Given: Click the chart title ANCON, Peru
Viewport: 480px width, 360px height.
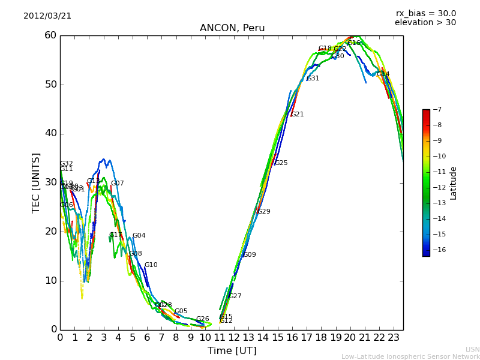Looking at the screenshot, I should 232,28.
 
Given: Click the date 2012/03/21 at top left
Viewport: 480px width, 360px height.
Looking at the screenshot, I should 47,16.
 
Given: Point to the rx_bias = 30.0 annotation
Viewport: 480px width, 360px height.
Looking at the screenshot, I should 425,14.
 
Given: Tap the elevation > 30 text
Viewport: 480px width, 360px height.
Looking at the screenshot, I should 425,23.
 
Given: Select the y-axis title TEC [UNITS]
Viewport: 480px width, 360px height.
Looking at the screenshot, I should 36,182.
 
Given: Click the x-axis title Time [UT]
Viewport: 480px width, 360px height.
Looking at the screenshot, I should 232,351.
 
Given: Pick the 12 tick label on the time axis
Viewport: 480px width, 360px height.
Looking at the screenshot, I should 234,338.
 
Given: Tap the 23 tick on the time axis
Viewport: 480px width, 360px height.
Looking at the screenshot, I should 394,338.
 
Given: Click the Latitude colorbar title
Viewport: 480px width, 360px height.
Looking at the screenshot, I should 454,183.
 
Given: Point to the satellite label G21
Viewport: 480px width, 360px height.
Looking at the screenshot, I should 298,115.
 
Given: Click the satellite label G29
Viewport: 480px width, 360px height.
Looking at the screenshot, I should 264,212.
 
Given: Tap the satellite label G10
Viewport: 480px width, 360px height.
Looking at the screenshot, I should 151,265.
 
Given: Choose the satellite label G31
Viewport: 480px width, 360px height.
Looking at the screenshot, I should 313,79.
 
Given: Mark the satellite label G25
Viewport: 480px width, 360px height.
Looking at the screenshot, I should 281,163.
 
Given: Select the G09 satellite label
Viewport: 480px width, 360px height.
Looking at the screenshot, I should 250,255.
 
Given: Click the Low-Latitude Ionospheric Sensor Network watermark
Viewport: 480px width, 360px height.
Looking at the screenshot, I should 410,357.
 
